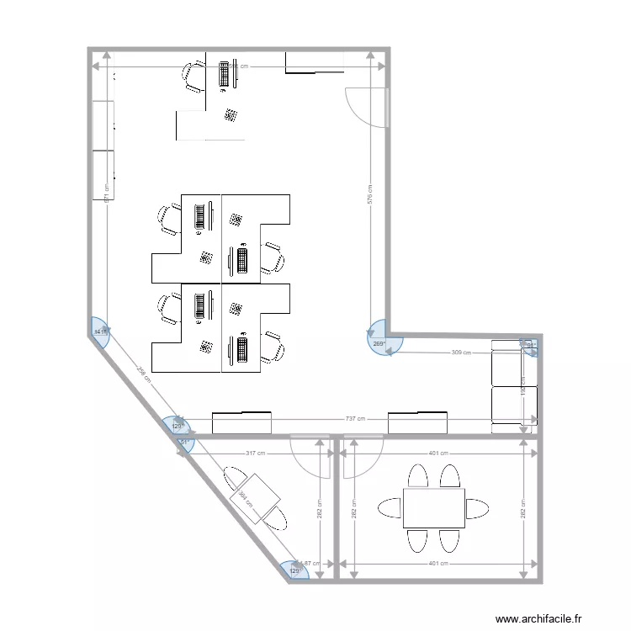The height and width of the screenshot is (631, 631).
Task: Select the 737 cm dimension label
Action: (x=355, y=418)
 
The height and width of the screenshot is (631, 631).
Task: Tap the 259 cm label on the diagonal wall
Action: (x=142, y=375)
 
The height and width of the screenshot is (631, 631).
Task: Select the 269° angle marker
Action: (x=381, y=342)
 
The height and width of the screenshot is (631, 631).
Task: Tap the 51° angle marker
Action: (x=183, y=443)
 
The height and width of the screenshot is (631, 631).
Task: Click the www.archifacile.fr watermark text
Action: (x=538, y=618)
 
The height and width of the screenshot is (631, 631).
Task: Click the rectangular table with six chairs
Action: (x=433, y=508)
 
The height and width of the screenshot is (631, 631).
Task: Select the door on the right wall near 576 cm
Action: (x=368, y=106)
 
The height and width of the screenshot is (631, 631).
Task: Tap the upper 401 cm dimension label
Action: (x=437, y=453)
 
